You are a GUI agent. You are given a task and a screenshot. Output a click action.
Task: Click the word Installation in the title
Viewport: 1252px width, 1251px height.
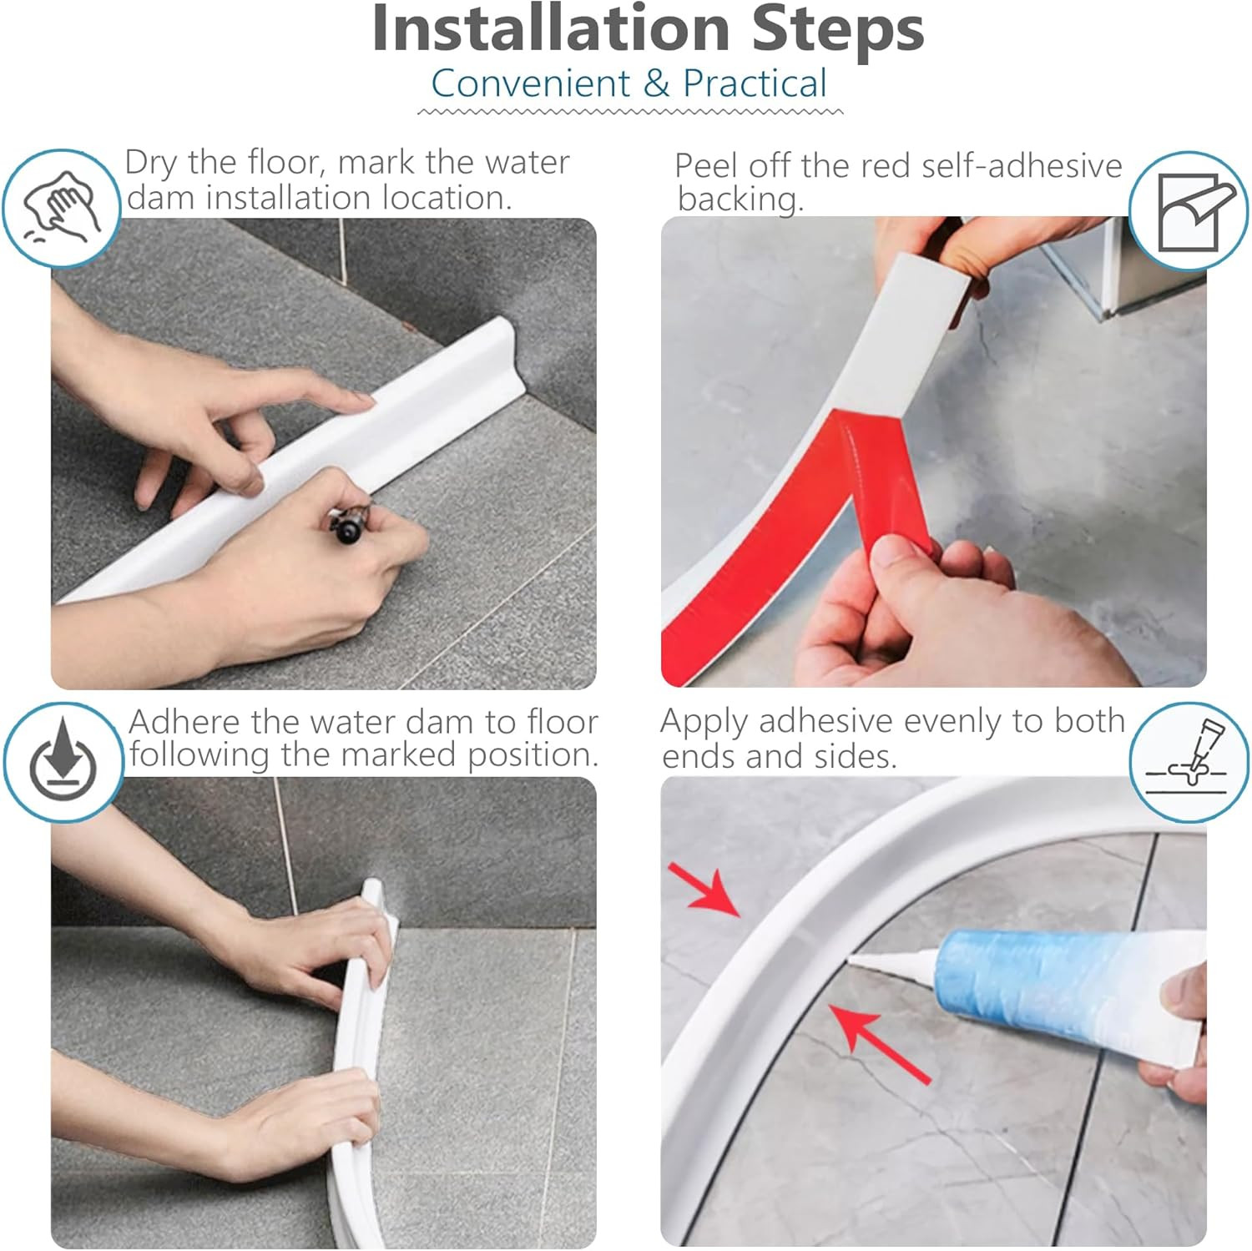[x=552, y=29]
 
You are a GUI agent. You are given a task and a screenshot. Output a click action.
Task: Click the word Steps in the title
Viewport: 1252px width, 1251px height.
[x=838, y=29]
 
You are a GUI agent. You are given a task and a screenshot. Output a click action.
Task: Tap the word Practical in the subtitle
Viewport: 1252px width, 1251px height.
[x=755, y=83]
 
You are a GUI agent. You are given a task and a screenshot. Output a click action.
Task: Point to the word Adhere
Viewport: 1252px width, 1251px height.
[x=184, y=722]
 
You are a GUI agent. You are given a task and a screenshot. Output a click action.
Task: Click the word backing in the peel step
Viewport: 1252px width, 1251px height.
[x=740, y=199]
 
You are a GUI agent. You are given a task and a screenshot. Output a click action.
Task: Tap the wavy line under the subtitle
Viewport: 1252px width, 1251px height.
[x=630, y=111]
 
